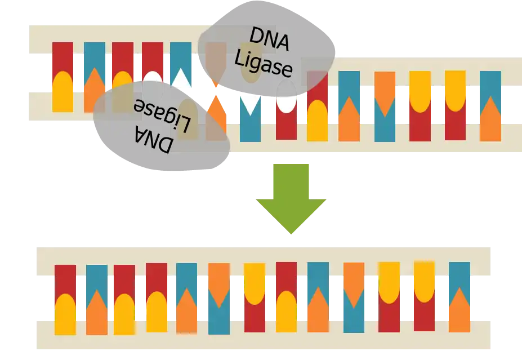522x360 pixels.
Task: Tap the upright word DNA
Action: click(269, 41)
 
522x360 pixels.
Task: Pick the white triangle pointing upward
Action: click(181, 79)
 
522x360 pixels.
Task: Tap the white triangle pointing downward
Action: click(250, 104)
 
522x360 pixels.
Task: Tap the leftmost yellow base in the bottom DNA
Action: click(65, 315)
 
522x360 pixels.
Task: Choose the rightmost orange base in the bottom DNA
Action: click(459, 313)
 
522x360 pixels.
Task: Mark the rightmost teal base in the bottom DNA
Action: click(459, 276)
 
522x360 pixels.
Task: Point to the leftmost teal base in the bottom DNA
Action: click(97, 277)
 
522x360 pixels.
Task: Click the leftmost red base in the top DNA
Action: click(63, 59)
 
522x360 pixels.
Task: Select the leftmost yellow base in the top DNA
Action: click(63, 93)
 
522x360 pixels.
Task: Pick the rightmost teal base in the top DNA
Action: click(490, 85)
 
